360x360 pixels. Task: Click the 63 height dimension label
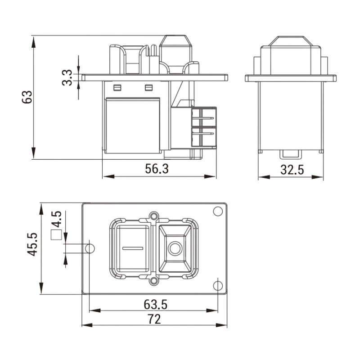(x=27, y=97)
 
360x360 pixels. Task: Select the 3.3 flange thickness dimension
(x=67, y=78)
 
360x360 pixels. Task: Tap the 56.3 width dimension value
(x=157, y=168)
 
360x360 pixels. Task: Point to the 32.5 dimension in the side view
(x=292, y=170)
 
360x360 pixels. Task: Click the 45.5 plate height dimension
(x=32, y=244)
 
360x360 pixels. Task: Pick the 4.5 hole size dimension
(x=57, y=219)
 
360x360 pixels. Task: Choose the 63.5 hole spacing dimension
(x=156, y=305)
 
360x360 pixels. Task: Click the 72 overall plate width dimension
(x=154, y=319)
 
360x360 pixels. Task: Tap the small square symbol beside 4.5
(x=56, y=235)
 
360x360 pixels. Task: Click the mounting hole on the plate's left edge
(x=90, y=248)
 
